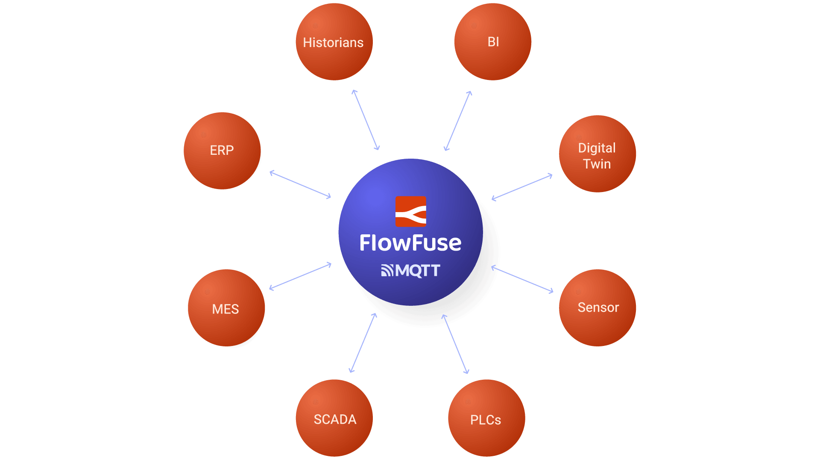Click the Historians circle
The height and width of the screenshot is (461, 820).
[334, 42]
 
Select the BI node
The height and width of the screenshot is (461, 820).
[492, 41]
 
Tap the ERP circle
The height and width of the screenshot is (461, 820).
[222, 151]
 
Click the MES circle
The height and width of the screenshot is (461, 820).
[226, 308]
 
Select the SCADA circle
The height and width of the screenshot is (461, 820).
[334, 418]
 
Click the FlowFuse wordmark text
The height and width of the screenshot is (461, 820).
[410, 243]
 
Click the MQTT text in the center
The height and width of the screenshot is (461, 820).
[417, 270]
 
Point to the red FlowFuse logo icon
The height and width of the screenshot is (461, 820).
[410, 211]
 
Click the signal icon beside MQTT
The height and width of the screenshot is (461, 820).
[387, 270]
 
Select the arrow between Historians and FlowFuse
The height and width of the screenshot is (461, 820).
[366, 120]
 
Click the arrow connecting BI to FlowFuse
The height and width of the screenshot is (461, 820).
[458, 121]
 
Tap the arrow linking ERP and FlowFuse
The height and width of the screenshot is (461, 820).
[300, 185]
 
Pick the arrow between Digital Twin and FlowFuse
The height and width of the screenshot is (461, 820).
[522, 187]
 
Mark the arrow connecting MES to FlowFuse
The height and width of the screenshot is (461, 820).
[300, 277]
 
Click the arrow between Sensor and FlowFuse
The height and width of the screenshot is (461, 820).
[522, 279]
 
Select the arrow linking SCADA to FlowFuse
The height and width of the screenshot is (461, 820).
[363, 343]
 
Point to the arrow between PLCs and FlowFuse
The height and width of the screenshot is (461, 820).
[455, 344]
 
